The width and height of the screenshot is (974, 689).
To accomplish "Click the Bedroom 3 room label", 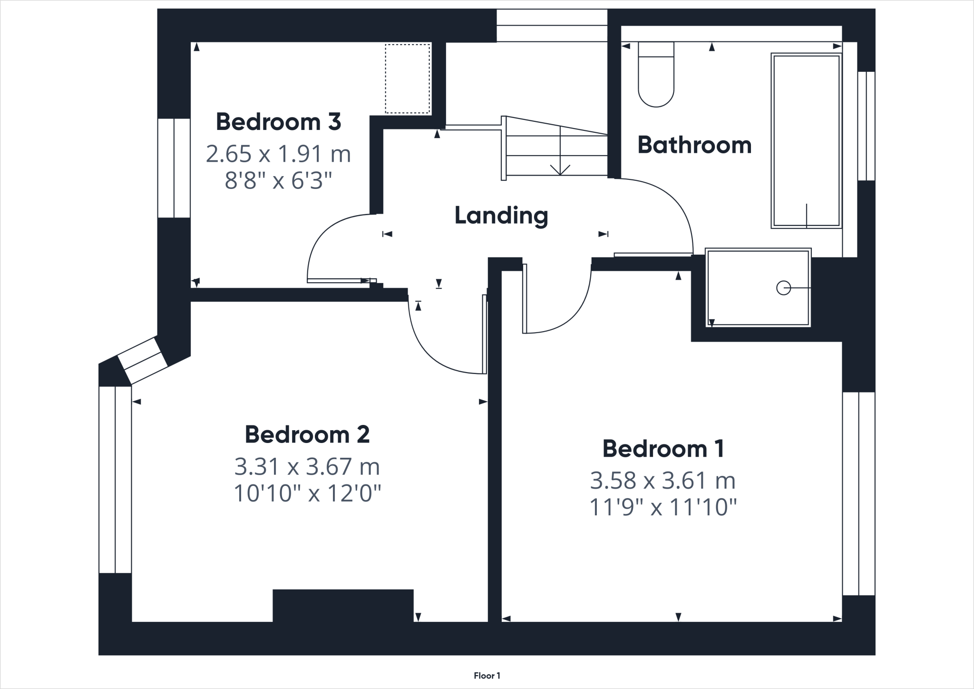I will click(x=278, y=122).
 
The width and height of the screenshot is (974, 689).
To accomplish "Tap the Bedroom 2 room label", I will click(x=307, y=434).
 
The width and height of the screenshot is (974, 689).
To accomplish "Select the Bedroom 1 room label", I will click(x=663, y=449).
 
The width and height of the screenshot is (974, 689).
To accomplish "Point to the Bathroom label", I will click(x=694, y=145).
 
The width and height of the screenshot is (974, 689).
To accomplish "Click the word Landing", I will click(x=501, y=216).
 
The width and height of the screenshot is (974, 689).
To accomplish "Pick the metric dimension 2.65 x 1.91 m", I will click(x=278, y=154).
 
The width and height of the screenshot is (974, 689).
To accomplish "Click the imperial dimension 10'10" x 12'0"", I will click(x=307, y=493).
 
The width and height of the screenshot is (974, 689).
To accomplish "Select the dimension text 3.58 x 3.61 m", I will click(x=663, y=481).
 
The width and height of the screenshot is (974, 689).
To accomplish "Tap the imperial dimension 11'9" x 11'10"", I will click(x=663, y=507).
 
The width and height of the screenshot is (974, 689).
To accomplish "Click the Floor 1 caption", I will click(x=487, y=675).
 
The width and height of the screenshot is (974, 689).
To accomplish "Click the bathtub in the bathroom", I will click(x=806, y=140).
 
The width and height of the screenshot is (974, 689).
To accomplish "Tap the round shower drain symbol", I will click(x=783, y=288).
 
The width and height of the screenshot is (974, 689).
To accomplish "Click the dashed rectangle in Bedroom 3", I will click(x=407, y=79).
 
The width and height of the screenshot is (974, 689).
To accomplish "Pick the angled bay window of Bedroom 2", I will click(x=142, y=360).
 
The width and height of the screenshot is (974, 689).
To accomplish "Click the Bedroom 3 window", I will click(x=174, y=168).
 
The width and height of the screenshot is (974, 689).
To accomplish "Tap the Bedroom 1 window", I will click(x=858, y=493).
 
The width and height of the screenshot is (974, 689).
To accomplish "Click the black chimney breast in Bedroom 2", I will click(x=343, y=605).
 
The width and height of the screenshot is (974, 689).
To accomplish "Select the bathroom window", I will click(x=866, y=126).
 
